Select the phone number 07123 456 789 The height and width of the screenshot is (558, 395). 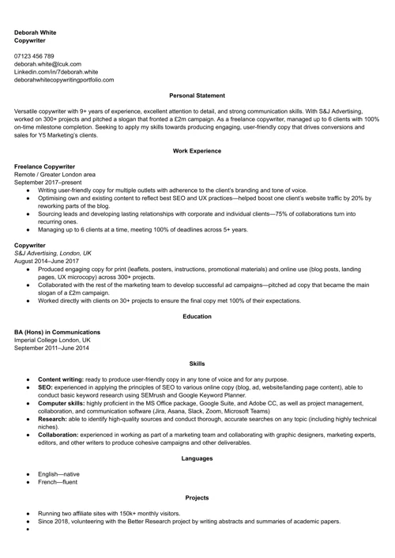(35, 56)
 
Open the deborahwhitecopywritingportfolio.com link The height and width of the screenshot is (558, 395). (64, 80)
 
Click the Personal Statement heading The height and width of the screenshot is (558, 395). (197, 96)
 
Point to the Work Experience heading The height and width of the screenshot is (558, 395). (197, 150)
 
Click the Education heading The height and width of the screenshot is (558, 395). (197, 316)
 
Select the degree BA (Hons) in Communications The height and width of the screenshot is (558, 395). (58, 332)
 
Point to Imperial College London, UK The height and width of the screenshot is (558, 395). (52, 340)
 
